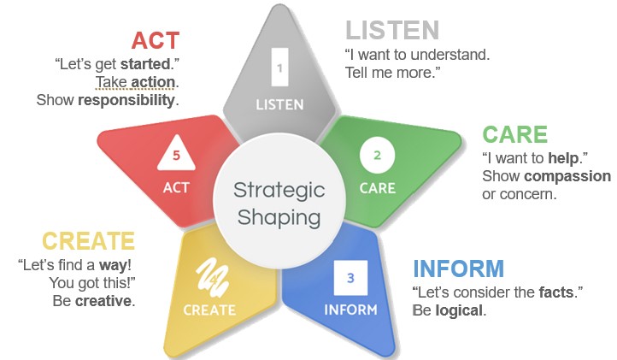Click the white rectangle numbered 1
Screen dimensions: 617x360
tap(279, 67)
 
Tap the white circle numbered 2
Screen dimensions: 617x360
tap(377, 155)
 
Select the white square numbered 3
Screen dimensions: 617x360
tap(350, 278)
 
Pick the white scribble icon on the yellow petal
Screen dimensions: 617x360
tap(212, 277)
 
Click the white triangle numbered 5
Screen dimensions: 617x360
tap(176, 154)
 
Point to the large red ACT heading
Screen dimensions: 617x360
tap(156, 40)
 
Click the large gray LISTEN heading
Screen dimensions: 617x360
tap(392, 30)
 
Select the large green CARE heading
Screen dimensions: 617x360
tap(514, 134)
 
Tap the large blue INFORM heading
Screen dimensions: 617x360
tap(458, 269)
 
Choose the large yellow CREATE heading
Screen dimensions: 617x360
tap(89, 241)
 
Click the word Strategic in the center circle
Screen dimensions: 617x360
tap(279, 191)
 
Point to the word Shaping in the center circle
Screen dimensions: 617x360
tap(279, 218)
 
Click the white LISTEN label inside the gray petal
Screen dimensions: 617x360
tap(279, 105)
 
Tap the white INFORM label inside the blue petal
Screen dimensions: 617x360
tap(350, 310)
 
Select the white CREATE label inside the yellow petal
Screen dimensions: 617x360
tap(209, 310)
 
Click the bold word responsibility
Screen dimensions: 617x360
tap(126, 100)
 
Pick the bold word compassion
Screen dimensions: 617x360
tap(567, 176)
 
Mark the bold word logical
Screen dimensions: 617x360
tap(459, 310)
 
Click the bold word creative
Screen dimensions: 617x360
tap(103, 301)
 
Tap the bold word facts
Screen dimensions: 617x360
tap(556, 292)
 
